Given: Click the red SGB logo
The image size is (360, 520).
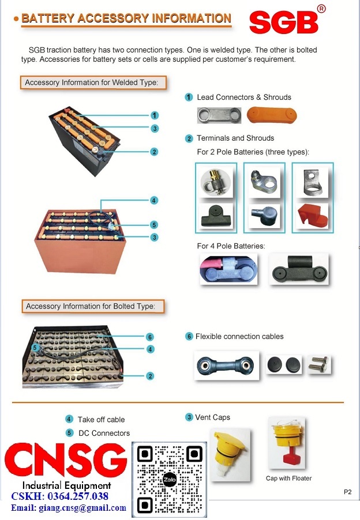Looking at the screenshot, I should pos(284,21).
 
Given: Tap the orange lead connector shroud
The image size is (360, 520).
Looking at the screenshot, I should pos(272,115).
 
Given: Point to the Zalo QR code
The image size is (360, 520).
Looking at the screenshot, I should pos(169,480).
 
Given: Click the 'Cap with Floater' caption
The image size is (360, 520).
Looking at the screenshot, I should pos(288,478).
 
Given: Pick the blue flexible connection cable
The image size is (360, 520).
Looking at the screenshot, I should pos(226,364).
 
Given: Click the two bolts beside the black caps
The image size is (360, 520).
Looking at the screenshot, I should pos(319,364).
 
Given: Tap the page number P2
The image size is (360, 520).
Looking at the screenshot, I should pos(347,492).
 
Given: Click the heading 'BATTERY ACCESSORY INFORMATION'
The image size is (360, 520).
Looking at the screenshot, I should pos(126,18).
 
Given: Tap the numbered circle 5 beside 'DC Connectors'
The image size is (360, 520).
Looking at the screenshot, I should pos(69,433).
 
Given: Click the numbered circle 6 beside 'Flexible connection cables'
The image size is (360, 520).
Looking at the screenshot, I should pos(189,336).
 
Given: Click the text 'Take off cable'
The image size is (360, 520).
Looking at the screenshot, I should pos(101,420).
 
